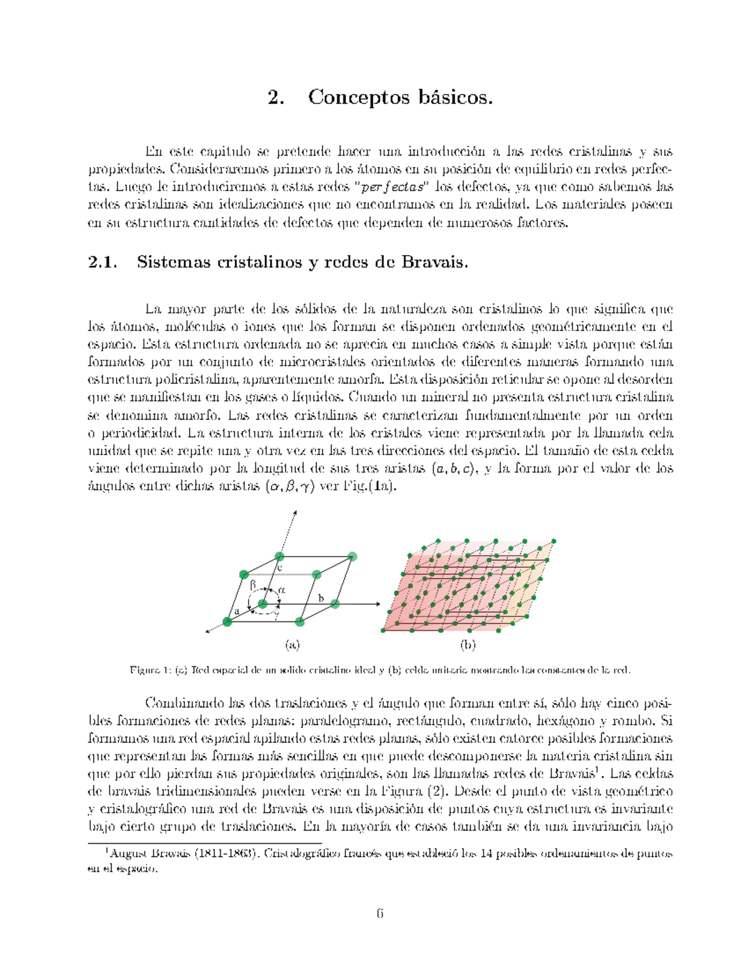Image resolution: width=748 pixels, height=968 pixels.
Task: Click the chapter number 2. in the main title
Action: [276, 98]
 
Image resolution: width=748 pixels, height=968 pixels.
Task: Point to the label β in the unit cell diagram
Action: [253, 585]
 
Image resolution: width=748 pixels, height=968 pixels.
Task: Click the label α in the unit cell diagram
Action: [282, 589]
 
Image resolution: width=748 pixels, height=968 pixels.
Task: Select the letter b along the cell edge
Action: [321, 598]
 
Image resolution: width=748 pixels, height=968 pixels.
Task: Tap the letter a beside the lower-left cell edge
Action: [237, 611]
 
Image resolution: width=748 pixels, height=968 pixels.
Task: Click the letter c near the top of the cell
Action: [279, 568]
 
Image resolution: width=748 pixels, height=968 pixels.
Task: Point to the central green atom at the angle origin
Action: [262, 603]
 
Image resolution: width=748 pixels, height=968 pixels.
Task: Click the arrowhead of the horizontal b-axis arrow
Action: [378, 603]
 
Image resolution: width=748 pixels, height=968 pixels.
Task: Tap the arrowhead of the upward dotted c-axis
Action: [295, 512]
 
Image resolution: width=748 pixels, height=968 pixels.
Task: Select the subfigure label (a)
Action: [292, 645]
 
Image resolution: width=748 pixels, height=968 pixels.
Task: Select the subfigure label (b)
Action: [467, 645]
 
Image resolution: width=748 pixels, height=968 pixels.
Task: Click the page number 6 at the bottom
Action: [380, 914]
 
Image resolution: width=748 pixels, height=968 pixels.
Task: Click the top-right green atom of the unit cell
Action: [352, 557]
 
